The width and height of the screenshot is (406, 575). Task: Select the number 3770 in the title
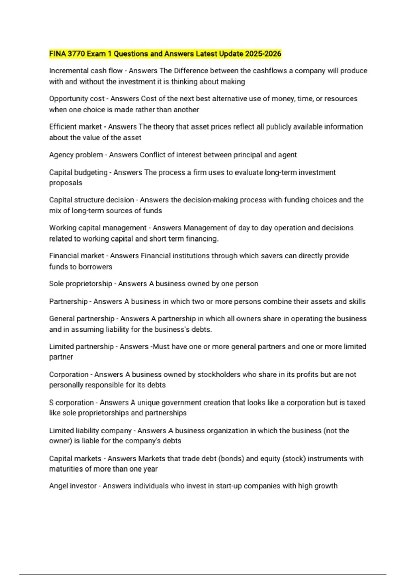coord(76,54)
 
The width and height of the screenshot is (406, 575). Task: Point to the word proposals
coord(66,183)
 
